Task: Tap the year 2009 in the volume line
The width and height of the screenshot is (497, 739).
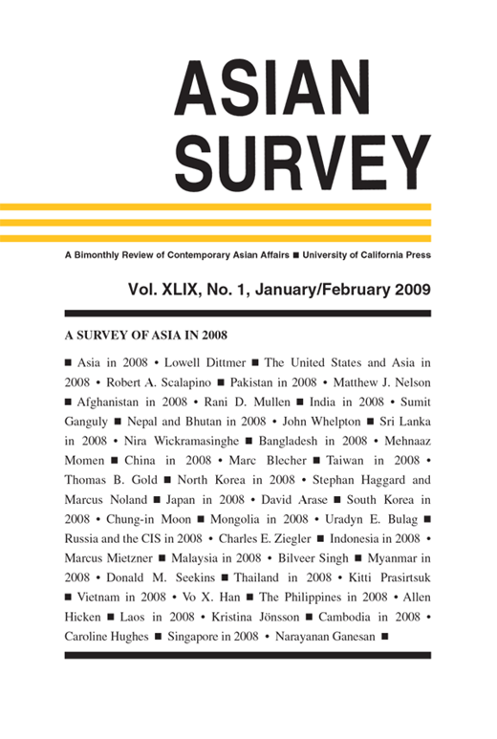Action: coord(408,290)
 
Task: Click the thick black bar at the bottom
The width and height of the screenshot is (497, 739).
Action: coord(248,654)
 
